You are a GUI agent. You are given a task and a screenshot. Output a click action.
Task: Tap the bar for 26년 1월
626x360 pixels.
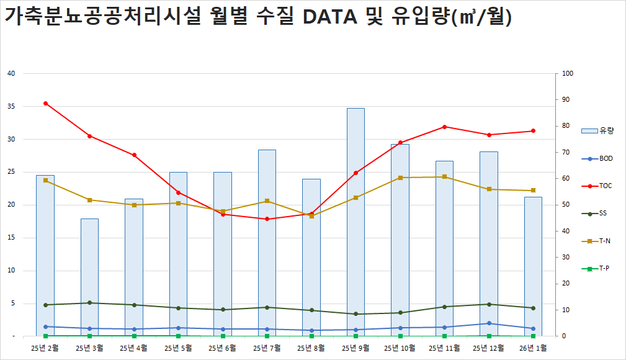533,267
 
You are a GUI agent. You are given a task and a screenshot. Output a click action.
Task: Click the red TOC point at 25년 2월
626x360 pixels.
45,103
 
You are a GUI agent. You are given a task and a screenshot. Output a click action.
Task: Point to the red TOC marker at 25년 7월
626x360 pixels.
267,219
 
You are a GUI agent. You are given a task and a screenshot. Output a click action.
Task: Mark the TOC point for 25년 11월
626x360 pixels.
444,127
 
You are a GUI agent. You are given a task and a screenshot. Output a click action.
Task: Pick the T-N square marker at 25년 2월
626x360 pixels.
45,180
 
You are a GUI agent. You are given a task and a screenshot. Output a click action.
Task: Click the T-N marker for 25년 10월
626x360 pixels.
400,178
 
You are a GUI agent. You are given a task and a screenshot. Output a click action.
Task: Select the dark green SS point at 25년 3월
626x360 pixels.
89,303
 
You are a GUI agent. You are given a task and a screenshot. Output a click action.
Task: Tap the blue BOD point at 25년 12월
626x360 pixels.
489,323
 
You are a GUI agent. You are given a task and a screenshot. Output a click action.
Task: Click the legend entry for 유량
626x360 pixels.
597,130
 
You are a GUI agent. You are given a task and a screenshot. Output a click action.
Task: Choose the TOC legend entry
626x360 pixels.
597,186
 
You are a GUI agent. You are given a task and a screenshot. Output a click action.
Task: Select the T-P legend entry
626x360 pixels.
597,268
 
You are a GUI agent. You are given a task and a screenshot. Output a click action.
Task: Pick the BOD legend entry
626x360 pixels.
597,158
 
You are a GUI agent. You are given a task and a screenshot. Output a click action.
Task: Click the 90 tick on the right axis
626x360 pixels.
568,100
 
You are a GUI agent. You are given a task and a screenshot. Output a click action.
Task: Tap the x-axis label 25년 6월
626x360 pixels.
223,348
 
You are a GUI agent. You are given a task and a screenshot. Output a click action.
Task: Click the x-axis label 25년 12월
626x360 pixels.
489,348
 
